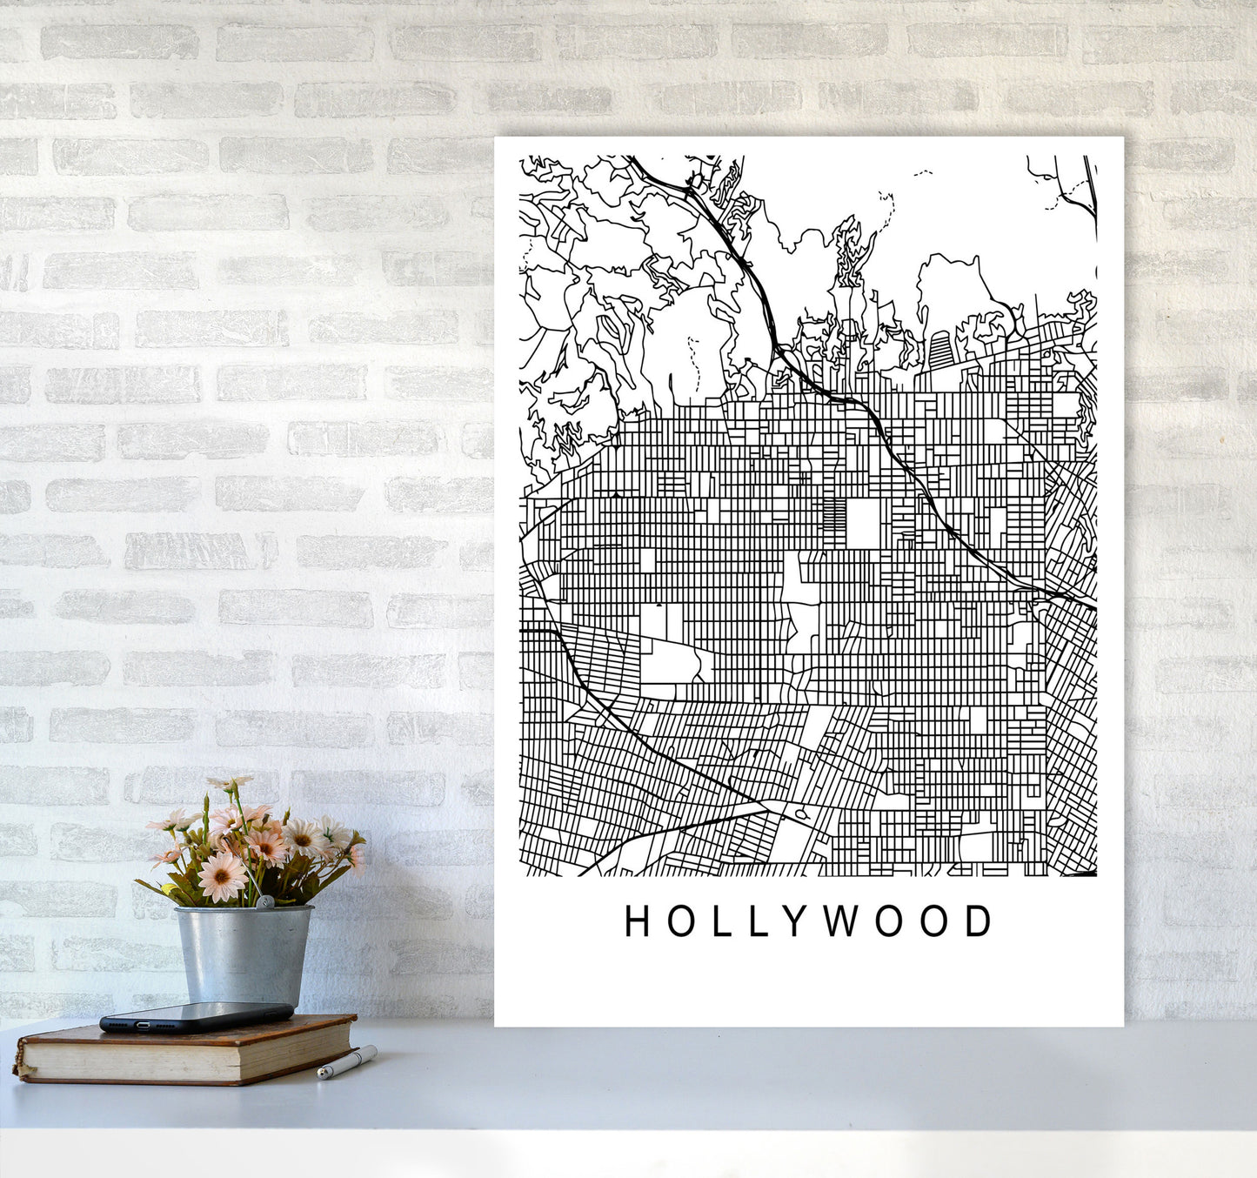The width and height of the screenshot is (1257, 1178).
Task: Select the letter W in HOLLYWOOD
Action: tap(841, 921)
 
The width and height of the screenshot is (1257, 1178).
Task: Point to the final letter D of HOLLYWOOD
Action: tap(980, 921)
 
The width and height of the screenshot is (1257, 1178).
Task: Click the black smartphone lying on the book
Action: tap(196, 1016)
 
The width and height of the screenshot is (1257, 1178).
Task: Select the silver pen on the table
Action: tap(346, 1063)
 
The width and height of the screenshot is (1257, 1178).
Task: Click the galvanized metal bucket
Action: tap(243, 955)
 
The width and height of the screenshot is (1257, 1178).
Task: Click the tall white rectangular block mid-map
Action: tap(863, 523)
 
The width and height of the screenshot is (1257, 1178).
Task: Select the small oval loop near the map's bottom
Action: tap(800, 814)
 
